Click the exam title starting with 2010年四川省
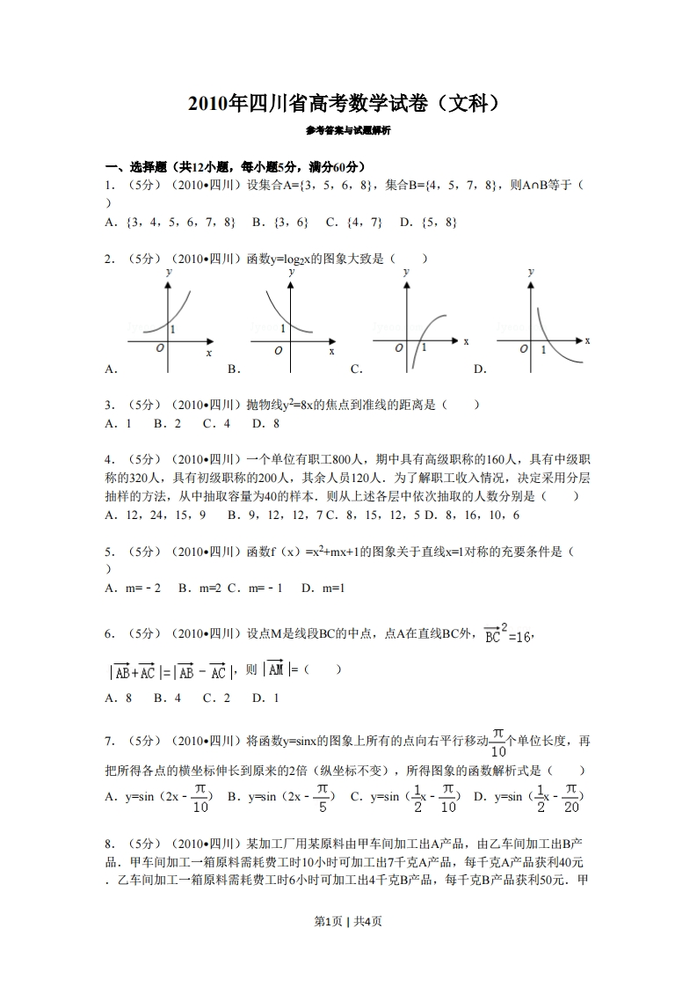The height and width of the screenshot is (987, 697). [348, 105]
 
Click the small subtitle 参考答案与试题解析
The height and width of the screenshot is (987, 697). [348, 130]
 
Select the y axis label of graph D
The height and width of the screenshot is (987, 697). [530, 273]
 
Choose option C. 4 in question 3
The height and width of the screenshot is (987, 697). [216, 423]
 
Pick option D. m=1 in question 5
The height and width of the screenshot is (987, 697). [322, 588]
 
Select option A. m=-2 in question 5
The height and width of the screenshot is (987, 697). [133, 588]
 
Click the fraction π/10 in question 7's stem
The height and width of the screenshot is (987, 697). [498, 742]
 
